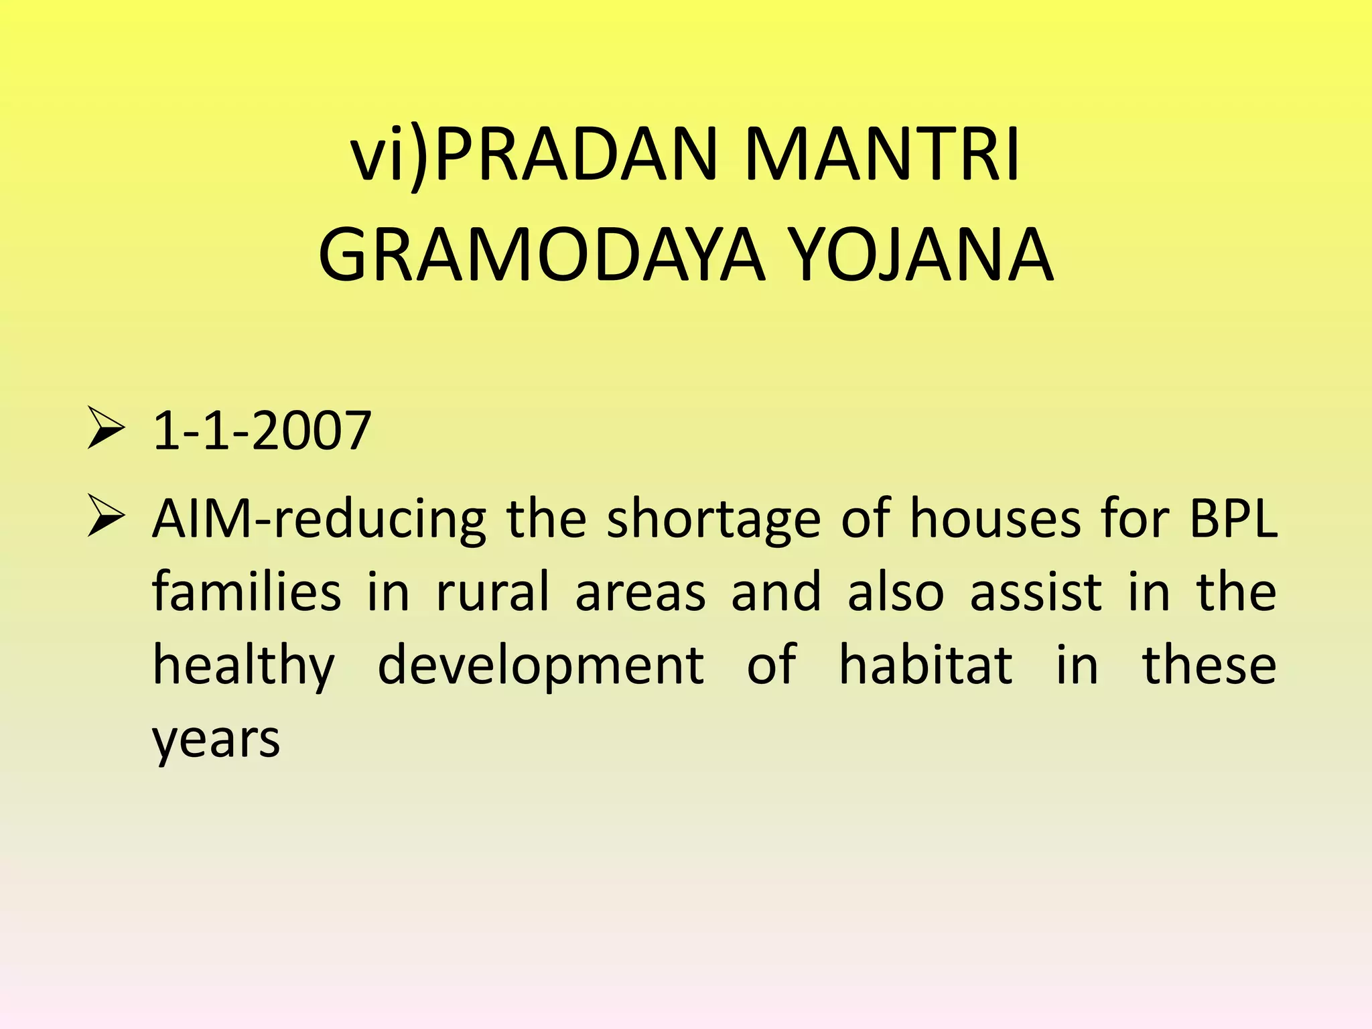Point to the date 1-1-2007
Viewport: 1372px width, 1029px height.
tap(262, 431)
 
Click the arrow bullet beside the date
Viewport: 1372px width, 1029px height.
tap(106, 431)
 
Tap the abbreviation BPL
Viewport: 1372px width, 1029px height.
tap(1233, 519)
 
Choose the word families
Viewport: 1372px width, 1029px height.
tap(247, 592)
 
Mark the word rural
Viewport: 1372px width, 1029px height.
tap(492, 592)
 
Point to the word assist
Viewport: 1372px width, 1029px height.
tap(1036, 592)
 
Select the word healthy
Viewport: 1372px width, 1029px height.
tap(243, 667)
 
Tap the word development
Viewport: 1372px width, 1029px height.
tap(541, 667)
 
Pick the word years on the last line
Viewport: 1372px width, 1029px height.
tap(216, 741)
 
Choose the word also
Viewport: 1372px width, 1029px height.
tap(896, 592)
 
